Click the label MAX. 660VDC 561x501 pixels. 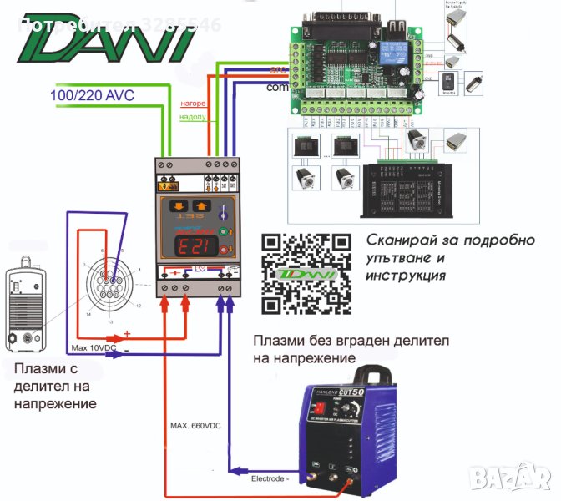[195, 427]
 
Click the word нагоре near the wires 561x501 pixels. [193, 104]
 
